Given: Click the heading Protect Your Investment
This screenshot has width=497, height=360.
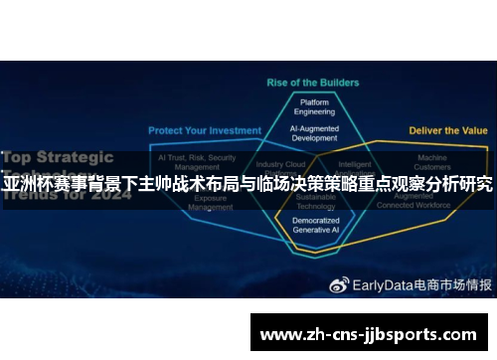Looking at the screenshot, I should click(x=205, y=130).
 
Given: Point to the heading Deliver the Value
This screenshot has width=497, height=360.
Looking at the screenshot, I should click(x=448, y=130).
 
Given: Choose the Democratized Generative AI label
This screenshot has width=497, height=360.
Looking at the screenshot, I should click(x=315, y=224).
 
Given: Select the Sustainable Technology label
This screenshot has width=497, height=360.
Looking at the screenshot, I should click(x=315, y=203).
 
